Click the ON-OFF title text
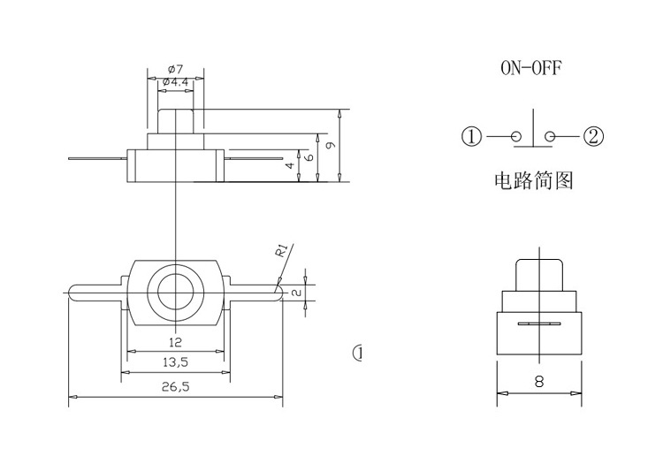tap(531, 69)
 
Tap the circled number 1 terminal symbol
tap(471, 137)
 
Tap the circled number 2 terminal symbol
tap(593, 137)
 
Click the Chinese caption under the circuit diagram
tap(533, 182)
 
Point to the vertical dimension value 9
tap(330, 146)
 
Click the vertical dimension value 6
tap(309, 156)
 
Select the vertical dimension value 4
tap(289, 165)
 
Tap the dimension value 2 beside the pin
tap(297, 292)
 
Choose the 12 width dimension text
tap(175, 342)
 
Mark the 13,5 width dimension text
tap(175, 362)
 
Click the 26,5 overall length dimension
tap(175, 387)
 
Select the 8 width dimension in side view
tap(538, 383)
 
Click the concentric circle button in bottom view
tap(175, 291)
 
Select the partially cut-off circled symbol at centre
tap(358, 354)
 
